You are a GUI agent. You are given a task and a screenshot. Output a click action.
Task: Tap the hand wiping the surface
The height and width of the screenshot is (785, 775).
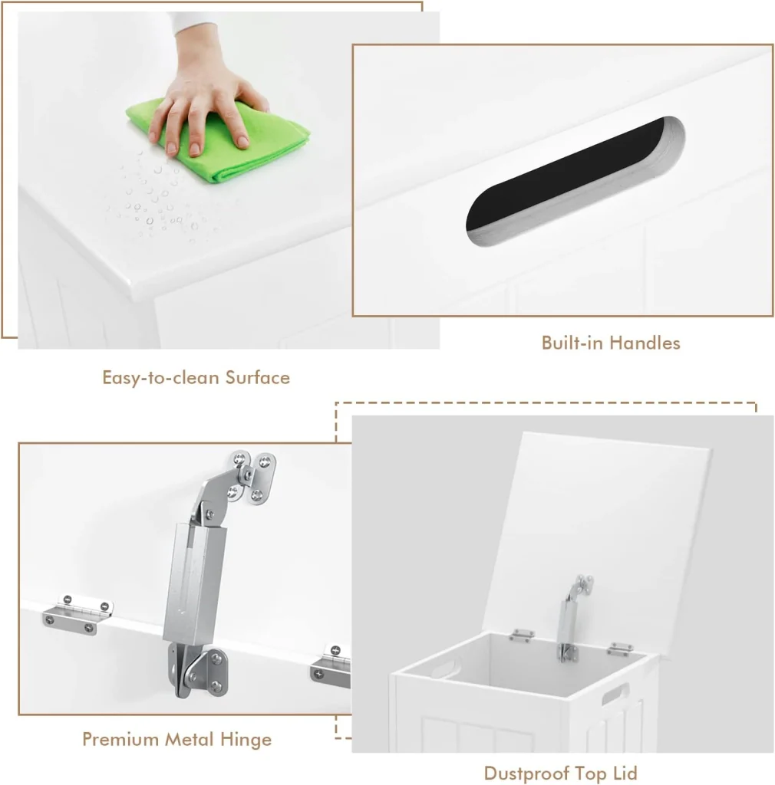206,100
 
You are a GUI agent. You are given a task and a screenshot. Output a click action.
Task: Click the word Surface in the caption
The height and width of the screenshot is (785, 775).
258,377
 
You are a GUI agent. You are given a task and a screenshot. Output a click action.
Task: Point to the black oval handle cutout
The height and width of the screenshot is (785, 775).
574,181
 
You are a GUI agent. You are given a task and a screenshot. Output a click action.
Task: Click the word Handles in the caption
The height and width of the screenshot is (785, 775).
645,343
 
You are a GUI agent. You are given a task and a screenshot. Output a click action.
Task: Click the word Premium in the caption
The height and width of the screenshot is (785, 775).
120,739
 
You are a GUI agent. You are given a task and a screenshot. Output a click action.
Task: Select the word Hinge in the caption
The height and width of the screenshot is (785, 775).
246,740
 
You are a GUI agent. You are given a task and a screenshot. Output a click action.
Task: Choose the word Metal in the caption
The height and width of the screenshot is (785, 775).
190,739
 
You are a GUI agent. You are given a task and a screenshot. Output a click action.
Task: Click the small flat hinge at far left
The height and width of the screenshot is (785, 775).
77,614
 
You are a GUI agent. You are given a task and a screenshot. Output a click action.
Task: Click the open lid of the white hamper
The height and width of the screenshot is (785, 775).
596,536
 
